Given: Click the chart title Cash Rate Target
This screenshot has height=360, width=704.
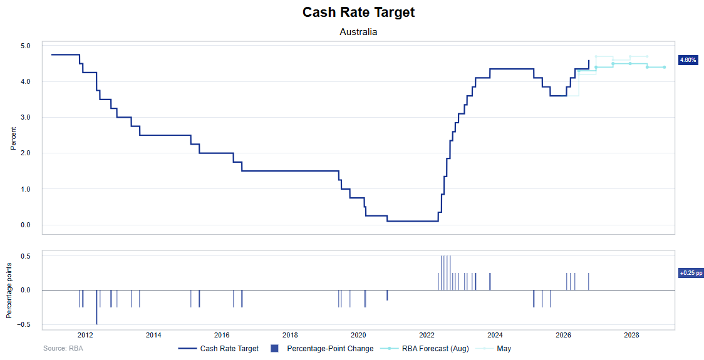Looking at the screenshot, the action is [x=358, y=12].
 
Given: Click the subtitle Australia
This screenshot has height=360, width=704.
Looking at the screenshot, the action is [x=358, y=32].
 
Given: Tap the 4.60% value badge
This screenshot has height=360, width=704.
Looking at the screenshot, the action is [x=688, y=59].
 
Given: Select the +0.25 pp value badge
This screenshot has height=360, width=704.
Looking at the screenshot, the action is [x=691, y=272].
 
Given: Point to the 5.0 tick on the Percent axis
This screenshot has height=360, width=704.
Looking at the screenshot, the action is [x=25, y=46].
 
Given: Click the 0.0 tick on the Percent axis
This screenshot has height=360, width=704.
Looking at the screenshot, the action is [x=25, y=225].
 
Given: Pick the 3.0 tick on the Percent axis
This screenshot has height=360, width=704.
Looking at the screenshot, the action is [x=25, y=118].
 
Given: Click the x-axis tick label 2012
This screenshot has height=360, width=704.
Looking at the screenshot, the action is [x=85, y=336].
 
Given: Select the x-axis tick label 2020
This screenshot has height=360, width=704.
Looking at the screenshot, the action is [x=358, y=336].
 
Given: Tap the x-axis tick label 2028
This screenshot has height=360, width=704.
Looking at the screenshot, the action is [x=632, y=336].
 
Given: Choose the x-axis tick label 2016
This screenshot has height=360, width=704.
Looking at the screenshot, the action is [x=222, y=336].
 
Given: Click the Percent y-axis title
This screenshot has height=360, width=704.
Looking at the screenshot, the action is [x=13, y=139].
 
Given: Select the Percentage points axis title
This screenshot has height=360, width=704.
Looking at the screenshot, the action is [x=9, y=291].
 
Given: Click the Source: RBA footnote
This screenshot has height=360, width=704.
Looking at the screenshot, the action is [x=63, y=348].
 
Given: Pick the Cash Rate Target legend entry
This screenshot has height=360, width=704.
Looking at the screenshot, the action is [x=219, y=348].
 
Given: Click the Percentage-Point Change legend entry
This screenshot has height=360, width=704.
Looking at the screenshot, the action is [x=323, y=348].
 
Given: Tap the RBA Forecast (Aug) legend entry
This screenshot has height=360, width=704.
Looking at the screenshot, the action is [x=424, y=348].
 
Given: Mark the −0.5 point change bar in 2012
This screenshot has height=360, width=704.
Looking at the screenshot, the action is [x=96, y=307].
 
